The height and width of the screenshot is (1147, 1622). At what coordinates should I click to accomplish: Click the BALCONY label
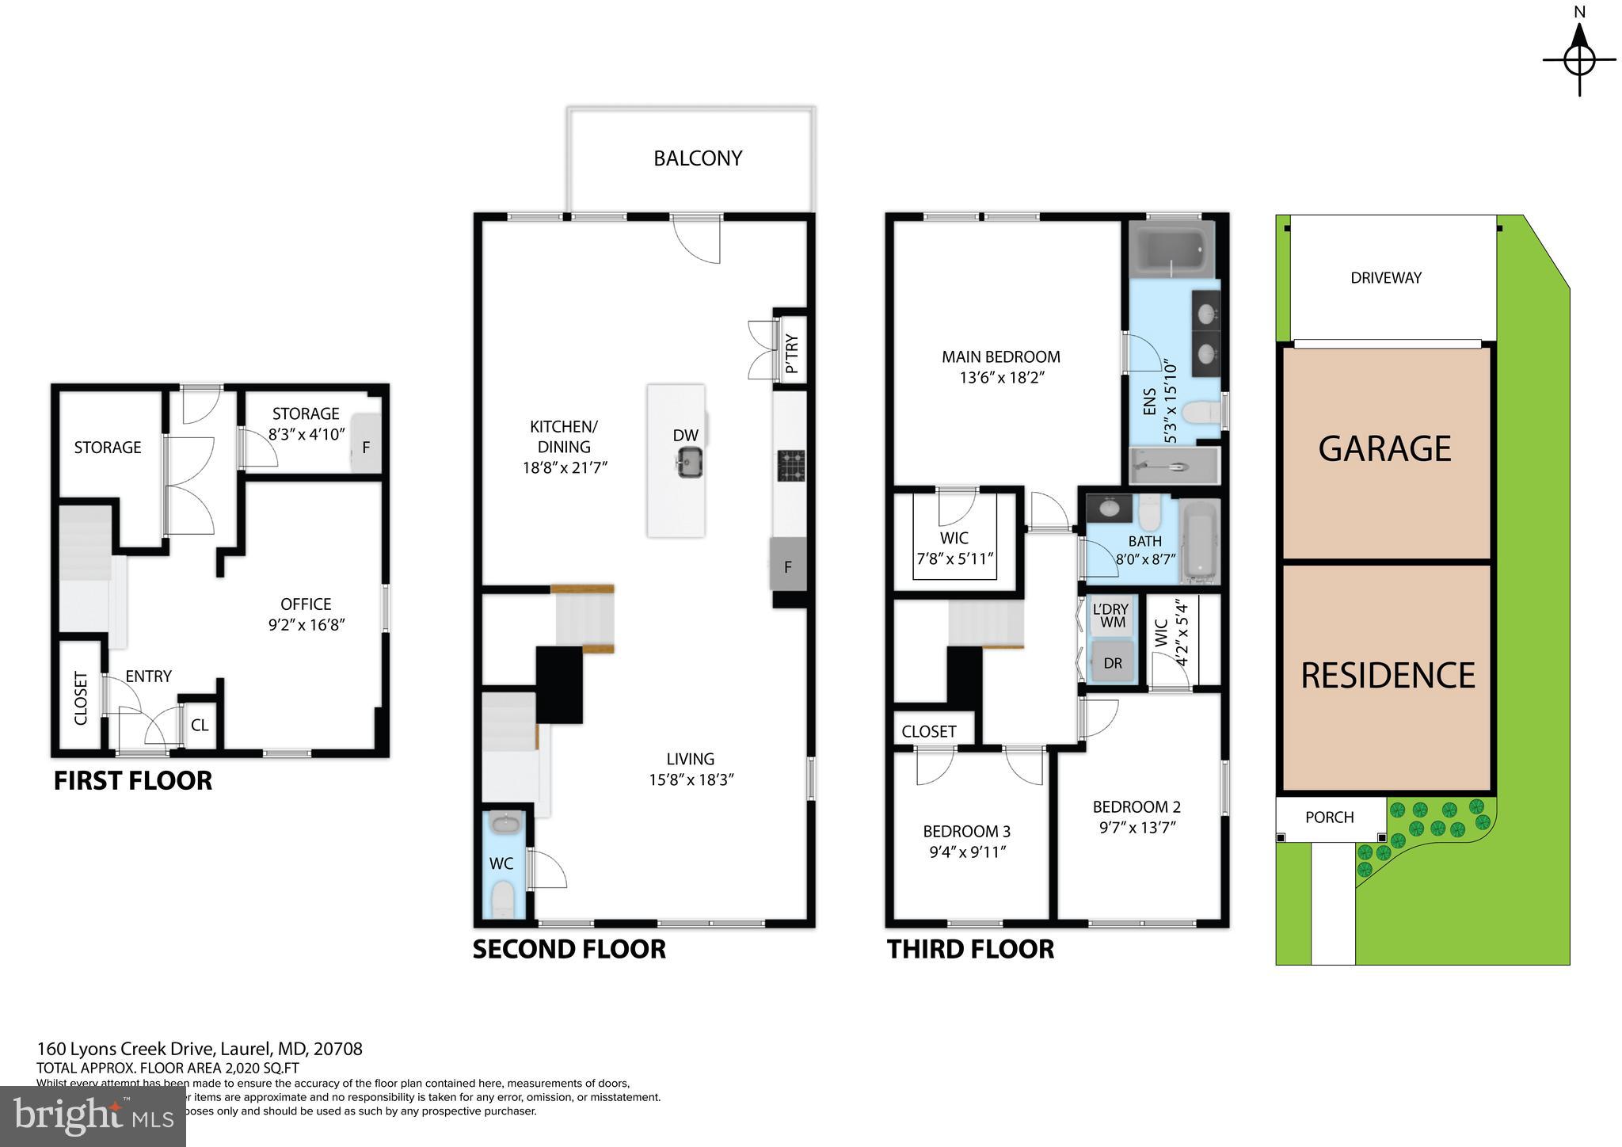point(698,158)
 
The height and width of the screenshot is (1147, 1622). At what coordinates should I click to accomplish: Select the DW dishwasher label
point(685,435)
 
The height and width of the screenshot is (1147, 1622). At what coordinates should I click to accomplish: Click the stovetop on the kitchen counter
point(790,466)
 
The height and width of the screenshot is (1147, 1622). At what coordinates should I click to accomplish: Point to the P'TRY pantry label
point(791,354)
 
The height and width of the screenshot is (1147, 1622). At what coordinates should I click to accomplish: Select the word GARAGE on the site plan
point(1384,448)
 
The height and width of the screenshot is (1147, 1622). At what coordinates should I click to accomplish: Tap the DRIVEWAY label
point(1386,278)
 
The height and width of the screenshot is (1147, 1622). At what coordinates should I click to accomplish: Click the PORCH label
point(1330,817)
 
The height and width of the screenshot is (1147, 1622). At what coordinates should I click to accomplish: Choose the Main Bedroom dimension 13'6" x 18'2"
point(1002,378)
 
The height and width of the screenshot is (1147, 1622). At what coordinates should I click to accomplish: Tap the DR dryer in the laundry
point(1113,663)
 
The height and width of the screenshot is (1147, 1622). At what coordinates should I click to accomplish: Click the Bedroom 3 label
point(966,832)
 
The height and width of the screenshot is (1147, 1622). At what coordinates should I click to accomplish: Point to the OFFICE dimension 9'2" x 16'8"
point(306,625)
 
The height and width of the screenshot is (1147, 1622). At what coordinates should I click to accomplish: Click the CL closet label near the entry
point(200,725)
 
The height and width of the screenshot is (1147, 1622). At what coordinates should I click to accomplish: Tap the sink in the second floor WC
point(504,825)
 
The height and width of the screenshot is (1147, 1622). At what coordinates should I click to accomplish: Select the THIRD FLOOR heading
point(970,949)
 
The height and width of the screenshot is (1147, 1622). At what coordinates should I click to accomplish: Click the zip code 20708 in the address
point(338,1049)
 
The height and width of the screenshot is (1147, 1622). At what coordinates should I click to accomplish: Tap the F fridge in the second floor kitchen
point(788,566)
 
